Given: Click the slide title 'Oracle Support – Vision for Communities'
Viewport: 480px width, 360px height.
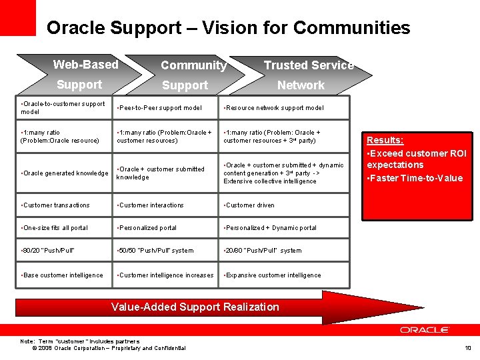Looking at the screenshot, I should (x=228, y=28).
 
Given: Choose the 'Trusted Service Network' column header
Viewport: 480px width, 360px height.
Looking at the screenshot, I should (x=303, y=75).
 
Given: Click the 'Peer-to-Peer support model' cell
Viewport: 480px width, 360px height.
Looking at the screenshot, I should (x=160, y=108).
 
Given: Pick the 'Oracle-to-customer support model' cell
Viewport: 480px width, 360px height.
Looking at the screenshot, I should (x=63, y=108).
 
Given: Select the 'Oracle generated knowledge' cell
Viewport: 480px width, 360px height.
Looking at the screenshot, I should (x=65, y=173).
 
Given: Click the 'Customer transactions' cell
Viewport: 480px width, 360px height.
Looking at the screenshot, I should (x=56, y=205).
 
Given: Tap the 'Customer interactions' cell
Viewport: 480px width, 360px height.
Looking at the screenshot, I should (x=151, y=205).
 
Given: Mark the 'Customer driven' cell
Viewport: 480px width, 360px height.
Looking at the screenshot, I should (x=249, y=205).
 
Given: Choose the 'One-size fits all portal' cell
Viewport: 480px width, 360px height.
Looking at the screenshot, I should (x=55, y=228).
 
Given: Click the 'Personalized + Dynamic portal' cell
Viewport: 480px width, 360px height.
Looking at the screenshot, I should (x=271, y=228).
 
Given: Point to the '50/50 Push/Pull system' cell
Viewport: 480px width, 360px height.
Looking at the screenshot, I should (x=156, y=251).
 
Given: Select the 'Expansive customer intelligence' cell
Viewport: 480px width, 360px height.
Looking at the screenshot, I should (x=273, y=275).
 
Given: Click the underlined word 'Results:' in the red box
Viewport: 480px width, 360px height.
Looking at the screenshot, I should (x=385, y=141).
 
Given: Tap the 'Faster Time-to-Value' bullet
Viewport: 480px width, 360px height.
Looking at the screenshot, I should (x=415, y=178).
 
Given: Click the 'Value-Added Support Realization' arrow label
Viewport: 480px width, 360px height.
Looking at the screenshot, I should (x=195, y=307).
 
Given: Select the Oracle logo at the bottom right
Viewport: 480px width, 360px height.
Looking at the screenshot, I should (x=425, y=330).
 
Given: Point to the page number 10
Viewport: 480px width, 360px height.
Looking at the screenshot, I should (x=467, y=348).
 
